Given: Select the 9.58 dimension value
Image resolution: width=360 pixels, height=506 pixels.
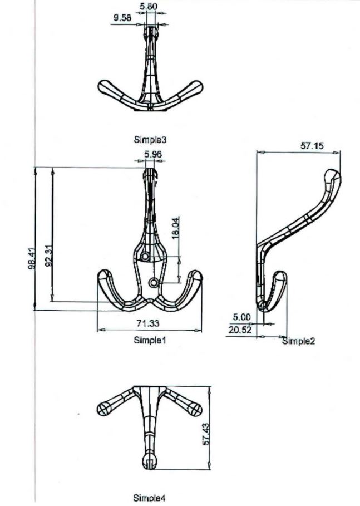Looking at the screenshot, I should tap(122, 18).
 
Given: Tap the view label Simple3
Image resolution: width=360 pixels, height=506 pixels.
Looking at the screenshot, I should tap(150, 140).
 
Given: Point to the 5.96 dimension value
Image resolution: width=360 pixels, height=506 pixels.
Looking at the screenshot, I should tap(152, 154).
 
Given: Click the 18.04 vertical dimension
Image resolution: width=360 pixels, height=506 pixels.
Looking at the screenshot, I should tap(176, 228).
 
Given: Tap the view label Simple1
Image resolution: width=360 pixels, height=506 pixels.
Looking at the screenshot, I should tap(150, 339).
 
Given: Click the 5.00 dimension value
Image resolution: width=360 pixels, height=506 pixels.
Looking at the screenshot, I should tap(241, 317).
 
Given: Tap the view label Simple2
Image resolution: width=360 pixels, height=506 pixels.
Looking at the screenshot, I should tap(298, 341).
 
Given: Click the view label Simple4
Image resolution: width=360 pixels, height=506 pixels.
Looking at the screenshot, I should tap(150, 497).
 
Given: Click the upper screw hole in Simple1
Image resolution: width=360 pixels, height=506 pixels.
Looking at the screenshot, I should tap(145, 256).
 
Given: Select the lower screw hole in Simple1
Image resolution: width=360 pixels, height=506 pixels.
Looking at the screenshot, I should tap(153, 283).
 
